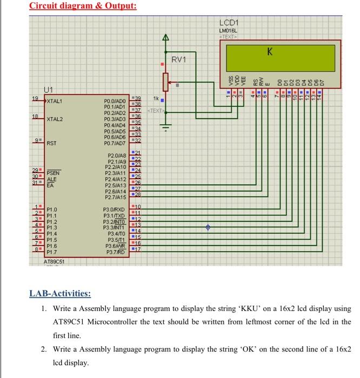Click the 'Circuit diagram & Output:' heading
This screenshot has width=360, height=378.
click(82, 6)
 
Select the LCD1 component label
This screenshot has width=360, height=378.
click(232, 24)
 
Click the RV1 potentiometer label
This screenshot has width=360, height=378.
click(179, 59)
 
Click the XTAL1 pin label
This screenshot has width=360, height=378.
click(55, 101)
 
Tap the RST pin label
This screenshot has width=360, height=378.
click(52, 143)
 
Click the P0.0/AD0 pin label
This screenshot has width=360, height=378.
click(114, 101)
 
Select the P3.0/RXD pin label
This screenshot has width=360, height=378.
click(114, 208)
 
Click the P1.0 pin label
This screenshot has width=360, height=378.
click(52, 208)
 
